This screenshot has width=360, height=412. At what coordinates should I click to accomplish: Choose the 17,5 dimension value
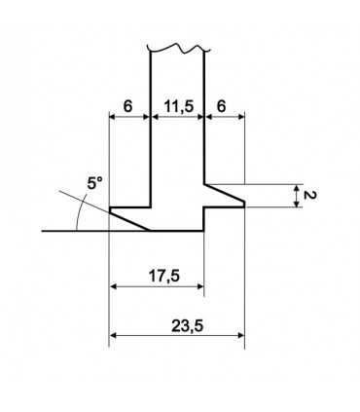point(158,276)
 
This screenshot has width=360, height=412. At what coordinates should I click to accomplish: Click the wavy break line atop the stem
point(176,46)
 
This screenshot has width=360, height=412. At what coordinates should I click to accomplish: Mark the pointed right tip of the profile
point(243,206)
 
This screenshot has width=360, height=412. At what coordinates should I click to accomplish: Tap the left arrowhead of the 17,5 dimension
point(116,287)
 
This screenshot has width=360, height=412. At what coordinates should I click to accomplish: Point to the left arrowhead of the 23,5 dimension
point(116,335)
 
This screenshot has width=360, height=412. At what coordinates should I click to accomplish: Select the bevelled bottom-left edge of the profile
point(130,220)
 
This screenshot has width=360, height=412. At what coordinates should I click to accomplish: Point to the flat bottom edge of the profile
point(177,231)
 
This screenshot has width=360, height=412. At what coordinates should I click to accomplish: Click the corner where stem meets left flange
point(150,207)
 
